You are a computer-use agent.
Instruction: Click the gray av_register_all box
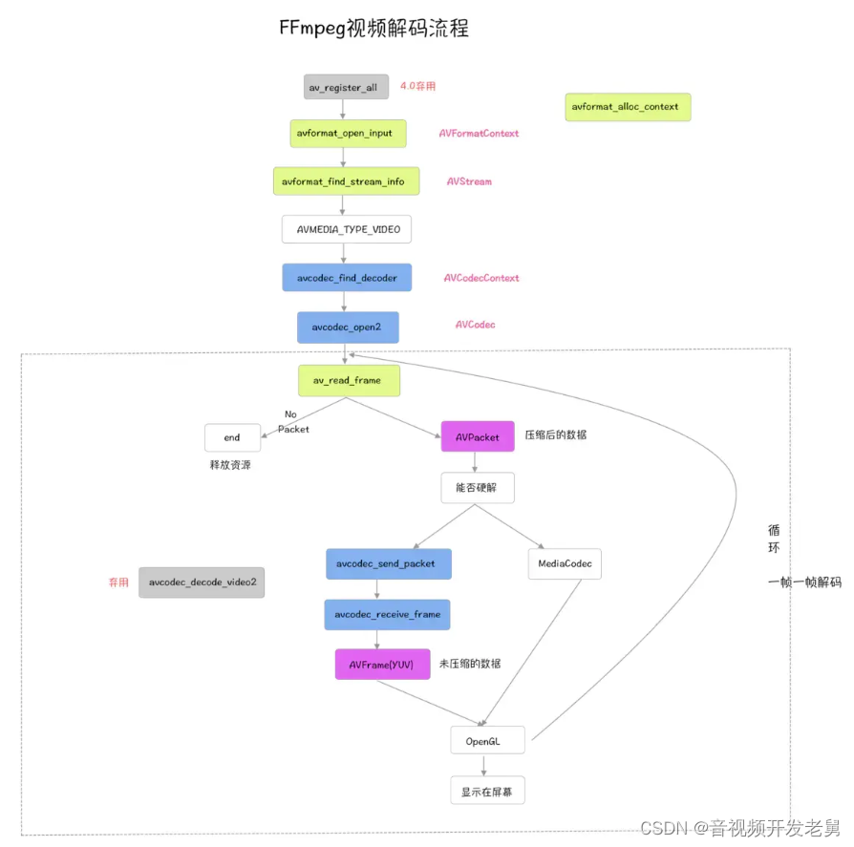point(347,88)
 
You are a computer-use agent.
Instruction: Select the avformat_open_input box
point(348,134)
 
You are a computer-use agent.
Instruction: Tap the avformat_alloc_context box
point(627,107)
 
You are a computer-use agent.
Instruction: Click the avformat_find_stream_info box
point(346,181)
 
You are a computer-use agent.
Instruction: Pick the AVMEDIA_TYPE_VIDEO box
point(347,230)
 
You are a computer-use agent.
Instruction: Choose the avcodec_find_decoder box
point(347,278)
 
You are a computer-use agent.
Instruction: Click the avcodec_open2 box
point(347,327)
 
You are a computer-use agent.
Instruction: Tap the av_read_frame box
point(348,380)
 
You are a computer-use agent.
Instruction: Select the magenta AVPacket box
point(478,436)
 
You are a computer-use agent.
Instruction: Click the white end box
point(232,437)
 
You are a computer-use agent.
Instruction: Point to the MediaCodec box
point(565,563)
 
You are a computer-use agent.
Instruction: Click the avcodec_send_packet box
point(388,563)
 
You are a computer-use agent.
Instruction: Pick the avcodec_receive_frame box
point(387,614)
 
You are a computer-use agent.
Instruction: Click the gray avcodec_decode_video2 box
point(202,582)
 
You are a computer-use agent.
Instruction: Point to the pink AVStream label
point(469,181)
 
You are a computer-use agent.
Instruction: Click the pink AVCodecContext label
point(481,278)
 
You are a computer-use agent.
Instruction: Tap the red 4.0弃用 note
point(417,86)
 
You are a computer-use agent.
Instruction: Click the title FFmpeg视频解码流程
point(374,28)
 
